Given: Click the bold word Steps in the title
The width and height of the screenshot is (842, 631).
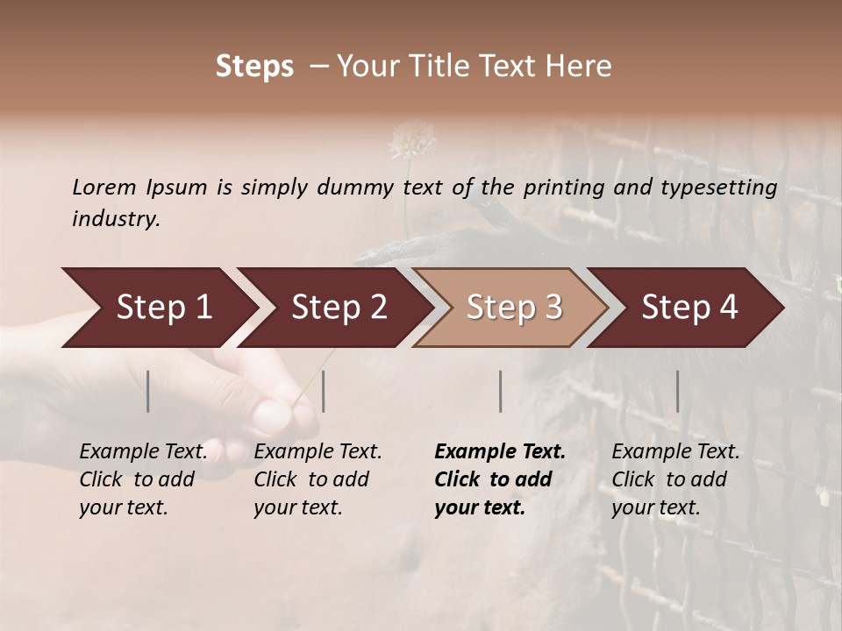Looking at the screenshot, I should coord(254,67).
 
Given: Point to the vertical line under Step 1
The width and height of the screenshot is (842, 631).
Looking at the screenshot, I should coord(148,391).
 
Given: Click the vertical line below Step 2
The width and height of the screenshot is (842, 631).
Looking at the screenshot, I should coord(324,391).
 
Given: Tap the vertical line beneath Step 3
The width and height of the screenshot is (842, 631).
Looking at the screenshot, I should coord(501,391).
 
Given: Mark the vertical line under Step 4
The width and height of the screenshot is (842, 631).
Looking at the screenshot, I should coord(677,391).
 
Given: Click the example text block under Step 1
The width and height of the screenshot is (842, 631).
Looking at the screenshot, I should coord(143,479).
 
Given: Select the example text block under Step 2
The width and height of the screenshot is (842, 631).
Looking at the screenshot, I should coord(318,479).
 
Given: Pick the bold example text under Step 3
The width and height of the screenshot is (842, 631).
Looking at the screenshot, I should coord(499,479).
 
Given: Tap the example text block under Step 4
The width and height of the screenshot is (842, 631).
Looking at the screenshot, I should coord(675,479).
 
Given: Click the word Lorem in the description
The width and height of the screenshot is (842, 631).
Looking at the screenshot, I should coord(104,187).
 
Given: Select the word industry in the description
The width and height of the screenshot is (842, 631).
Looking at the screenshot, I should coord(116,218).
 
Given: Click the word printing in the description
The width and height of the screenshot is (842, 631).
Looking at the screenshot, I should coord(566,187).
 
